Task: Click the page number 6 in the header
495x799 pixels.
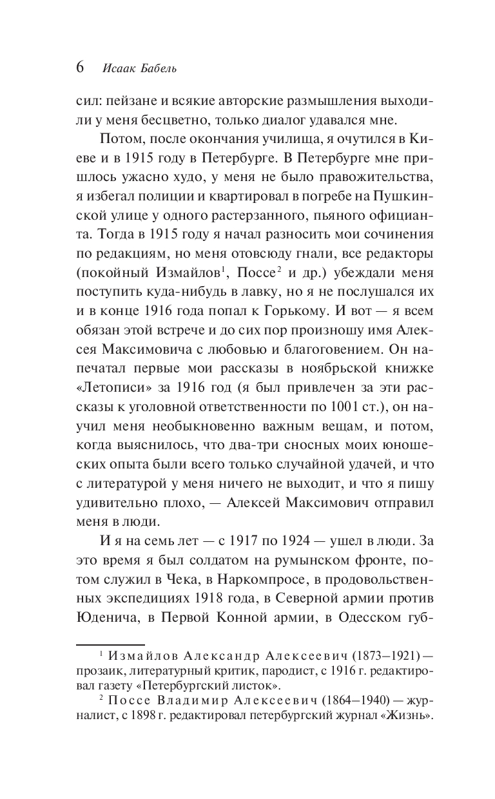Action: [81, 67]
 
